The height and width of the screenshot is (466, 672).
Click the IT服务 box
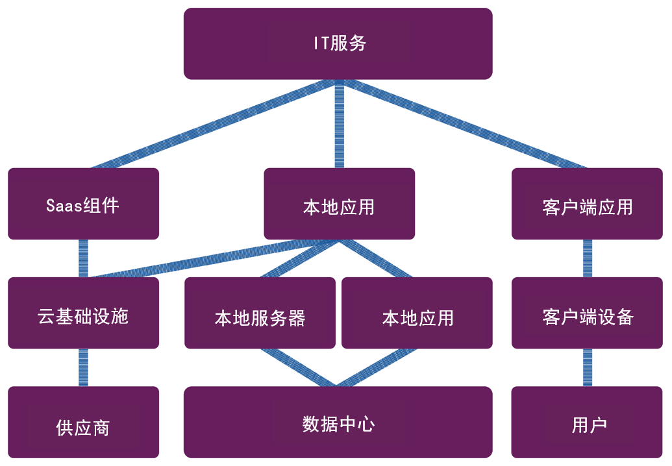pyautogui.click(x=338, y=43)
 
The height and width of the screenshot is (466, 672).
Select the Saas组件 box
pyautogui.click(x=83, y=204)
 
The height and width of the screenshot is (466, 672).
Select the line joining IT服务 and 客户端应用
pyautogui.click(x=462, y=123)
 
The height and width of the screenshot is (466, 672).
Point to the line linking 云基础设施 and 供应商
pyautogui.click(x=83, y=367)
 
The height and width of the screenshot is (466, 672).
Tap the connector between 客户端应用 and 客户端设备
pyautogui.click(x=587, y=258)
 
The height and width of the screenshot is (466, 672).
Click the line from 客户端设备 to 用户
pyautogui.click(x=587, y=367)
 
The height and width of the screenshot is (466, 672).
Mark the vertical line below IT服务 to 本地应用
pyautogui.click(x=339, y=123)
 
